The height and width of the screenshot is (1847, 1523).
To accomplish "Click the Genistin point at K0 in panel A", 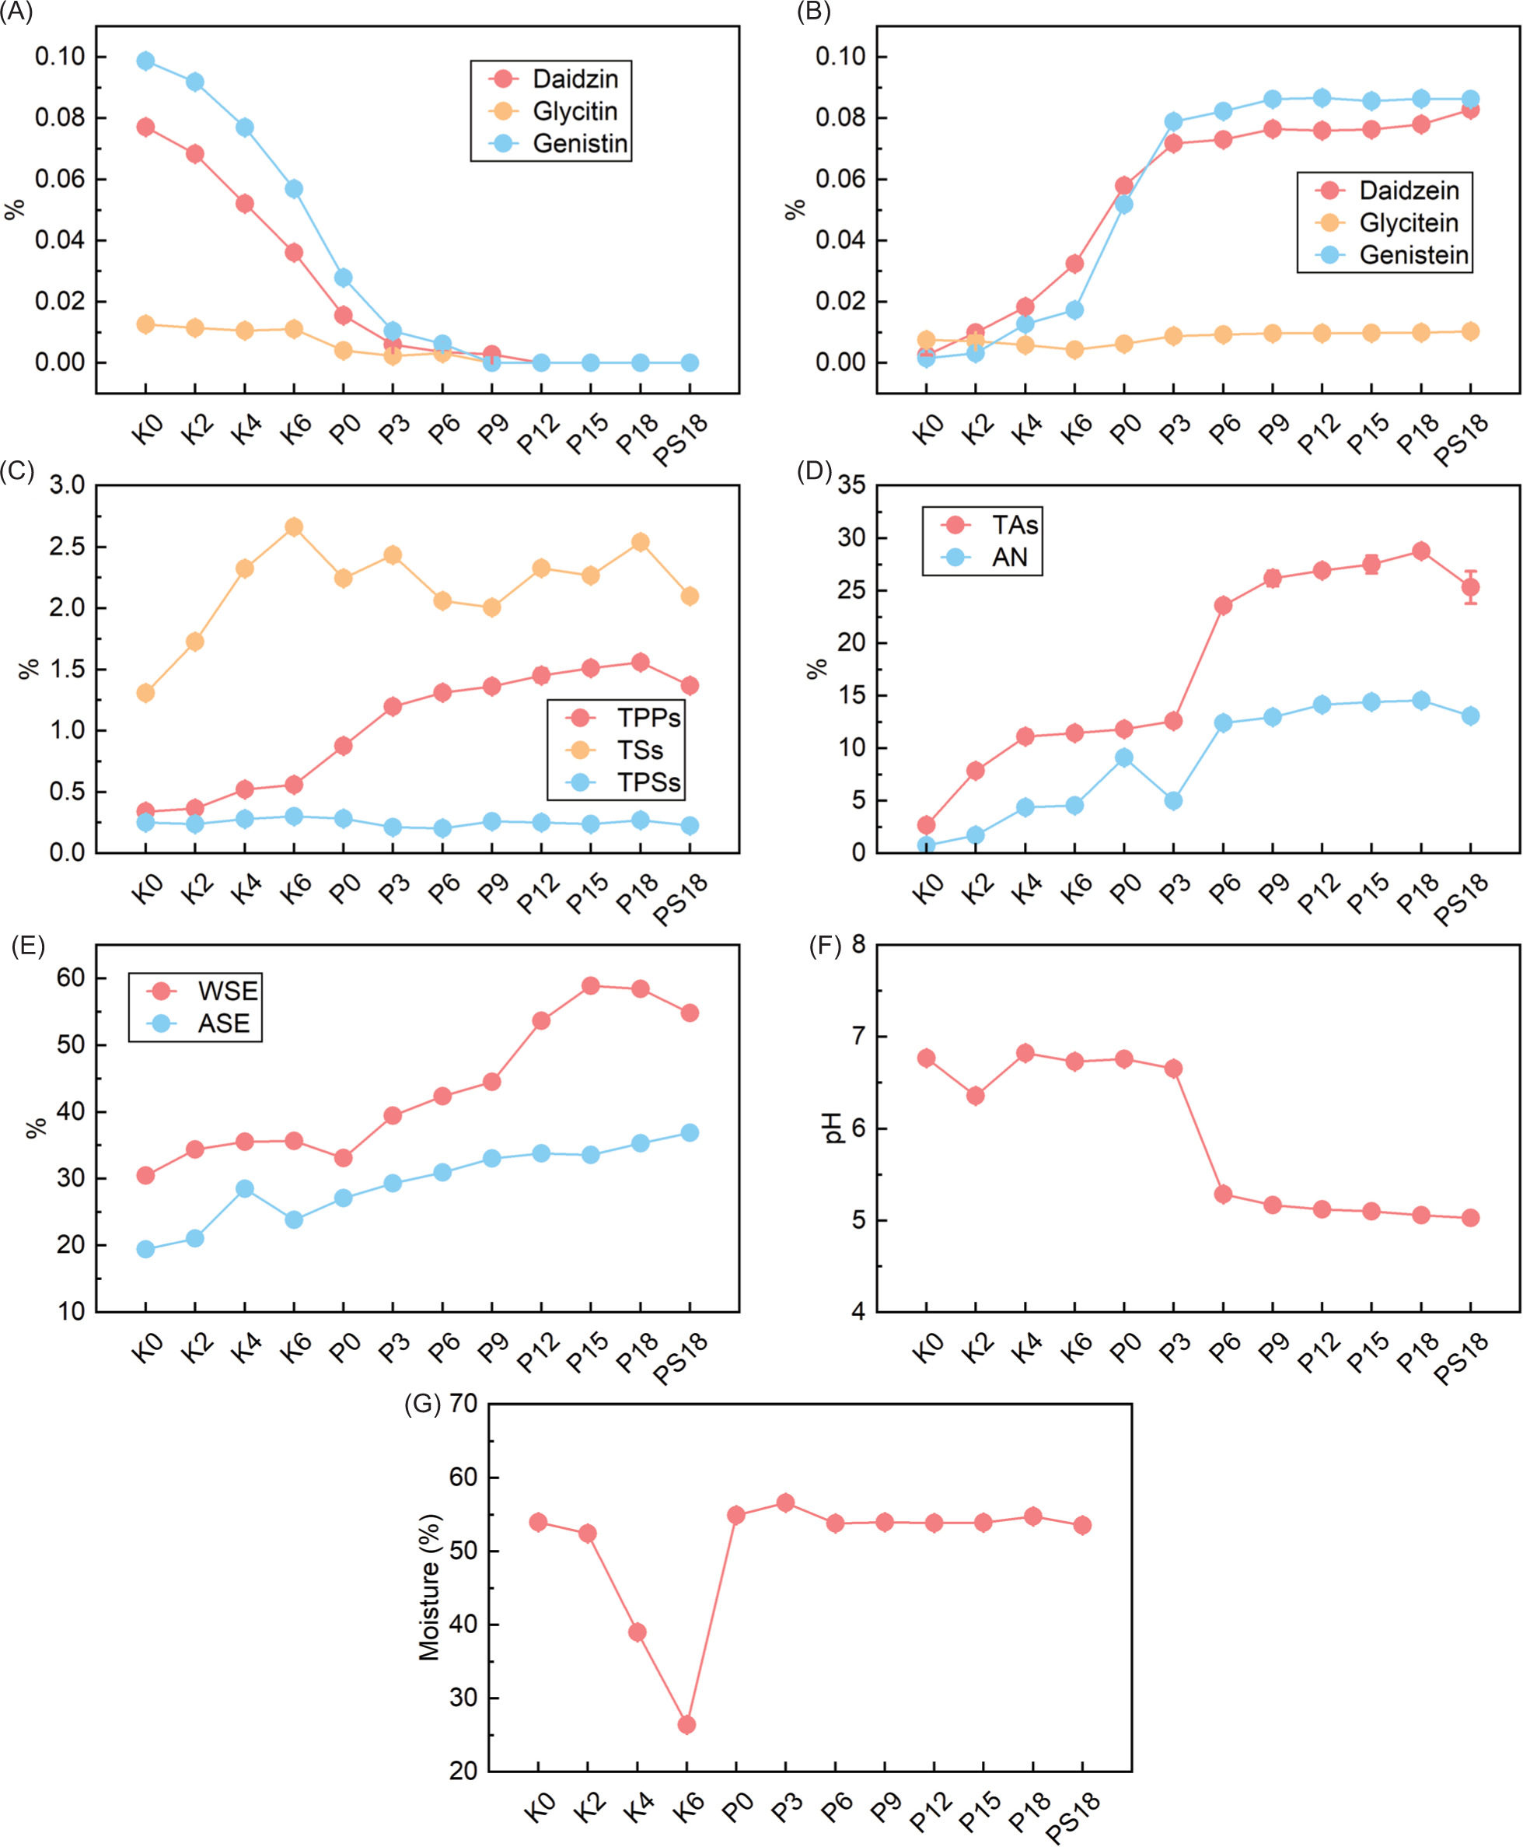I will point(145,61).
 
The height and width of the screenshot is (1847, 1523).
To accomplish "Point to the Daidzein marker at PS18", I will point(1470,110).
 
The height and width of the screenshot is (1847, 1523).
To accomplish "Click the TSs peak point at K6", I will point(294,526).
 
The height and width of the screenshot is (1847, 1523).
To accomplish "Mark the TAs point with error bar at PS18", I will point(1470,587).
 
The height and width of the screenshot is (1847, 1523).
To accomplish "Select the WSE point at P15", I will point(590,985).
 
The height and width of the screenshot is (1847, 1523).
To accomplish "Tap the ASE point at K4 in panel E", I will point(245,1188).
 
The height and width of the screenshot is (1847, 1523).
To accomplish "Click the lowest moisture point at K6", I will point(687,1724).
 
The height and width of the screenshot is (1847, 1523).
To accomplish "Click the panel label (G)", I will point(422,1404).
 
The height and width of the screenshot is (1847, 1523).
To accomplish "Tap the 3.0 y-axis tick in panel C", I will point(67,484).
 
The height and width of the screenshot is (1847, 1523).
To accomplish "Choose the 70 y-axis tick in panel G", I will point(463,1403).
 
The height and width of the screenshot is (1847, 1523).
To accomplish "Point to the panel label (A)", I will point(16,12).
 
